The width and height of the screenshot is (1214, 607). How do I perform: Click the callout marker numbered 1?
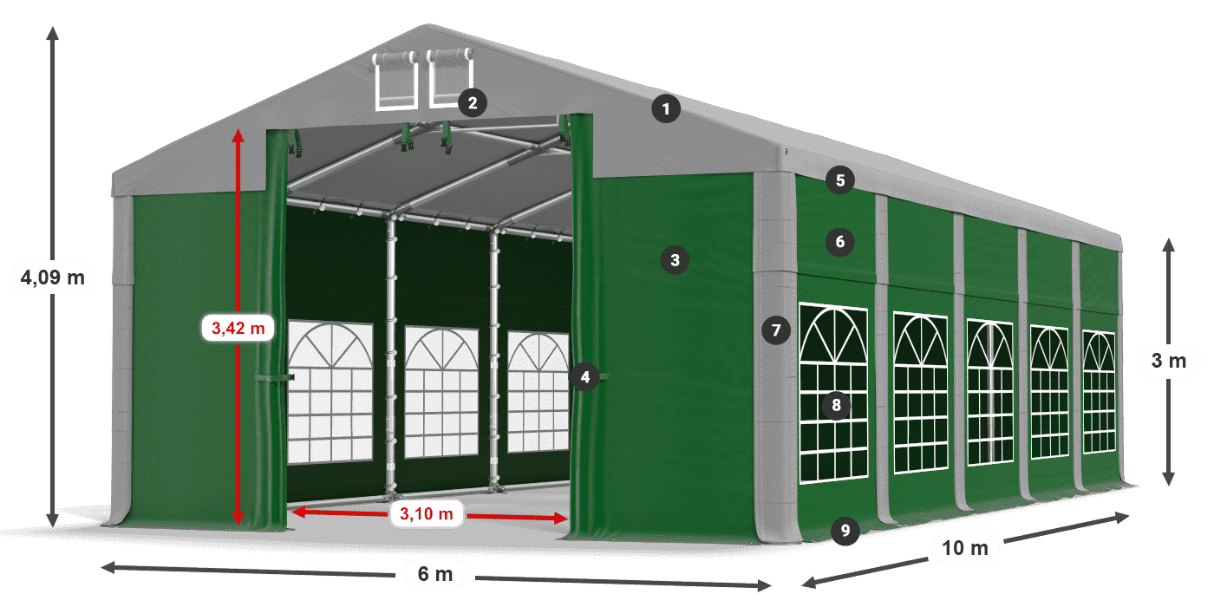[x=666, y=109]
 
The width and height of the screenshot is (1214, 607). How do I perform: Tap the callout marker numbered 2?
[x=472, y=103]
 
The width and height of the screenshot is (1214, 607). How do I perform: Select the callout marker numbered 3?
[x=675, y=258]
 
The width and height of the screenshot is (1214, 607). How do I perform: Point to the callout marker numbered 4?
[x=586, y=376]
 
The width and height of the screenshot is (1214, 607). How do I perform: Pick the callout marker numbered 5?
[x=839, y=180]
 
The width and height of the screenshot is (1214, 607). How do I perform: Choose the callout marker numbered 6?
[x=839, y=241]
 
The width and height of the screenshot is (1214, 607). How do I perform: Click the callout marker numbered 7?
[x=776, y=330]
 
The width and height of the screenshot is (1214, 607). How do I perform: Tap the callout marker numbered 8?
[x=836, y=404]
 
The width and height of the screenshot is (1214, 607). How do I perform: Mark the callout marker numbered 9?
[x=845, y=530]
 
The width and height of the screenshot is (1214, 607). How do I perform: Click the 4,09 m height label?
[x=53, y=277]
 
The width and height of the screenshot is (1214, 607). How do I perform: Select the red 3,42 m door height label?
[x=238, y=328]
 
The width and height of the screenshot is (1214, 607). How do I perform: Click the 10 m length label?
[x=965, y=547]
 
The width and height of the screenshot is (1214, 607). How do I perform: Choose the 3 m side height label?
[x=1168, y=360]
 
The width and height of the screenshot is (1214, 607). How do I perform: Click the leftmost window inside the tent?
[x=330, y=391]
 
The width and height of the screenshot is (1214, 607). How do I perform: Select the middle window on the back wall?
[x=441, y=391]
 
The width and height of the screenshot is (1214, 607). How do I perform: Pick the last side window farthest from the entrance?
[x=1099, y=392]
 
